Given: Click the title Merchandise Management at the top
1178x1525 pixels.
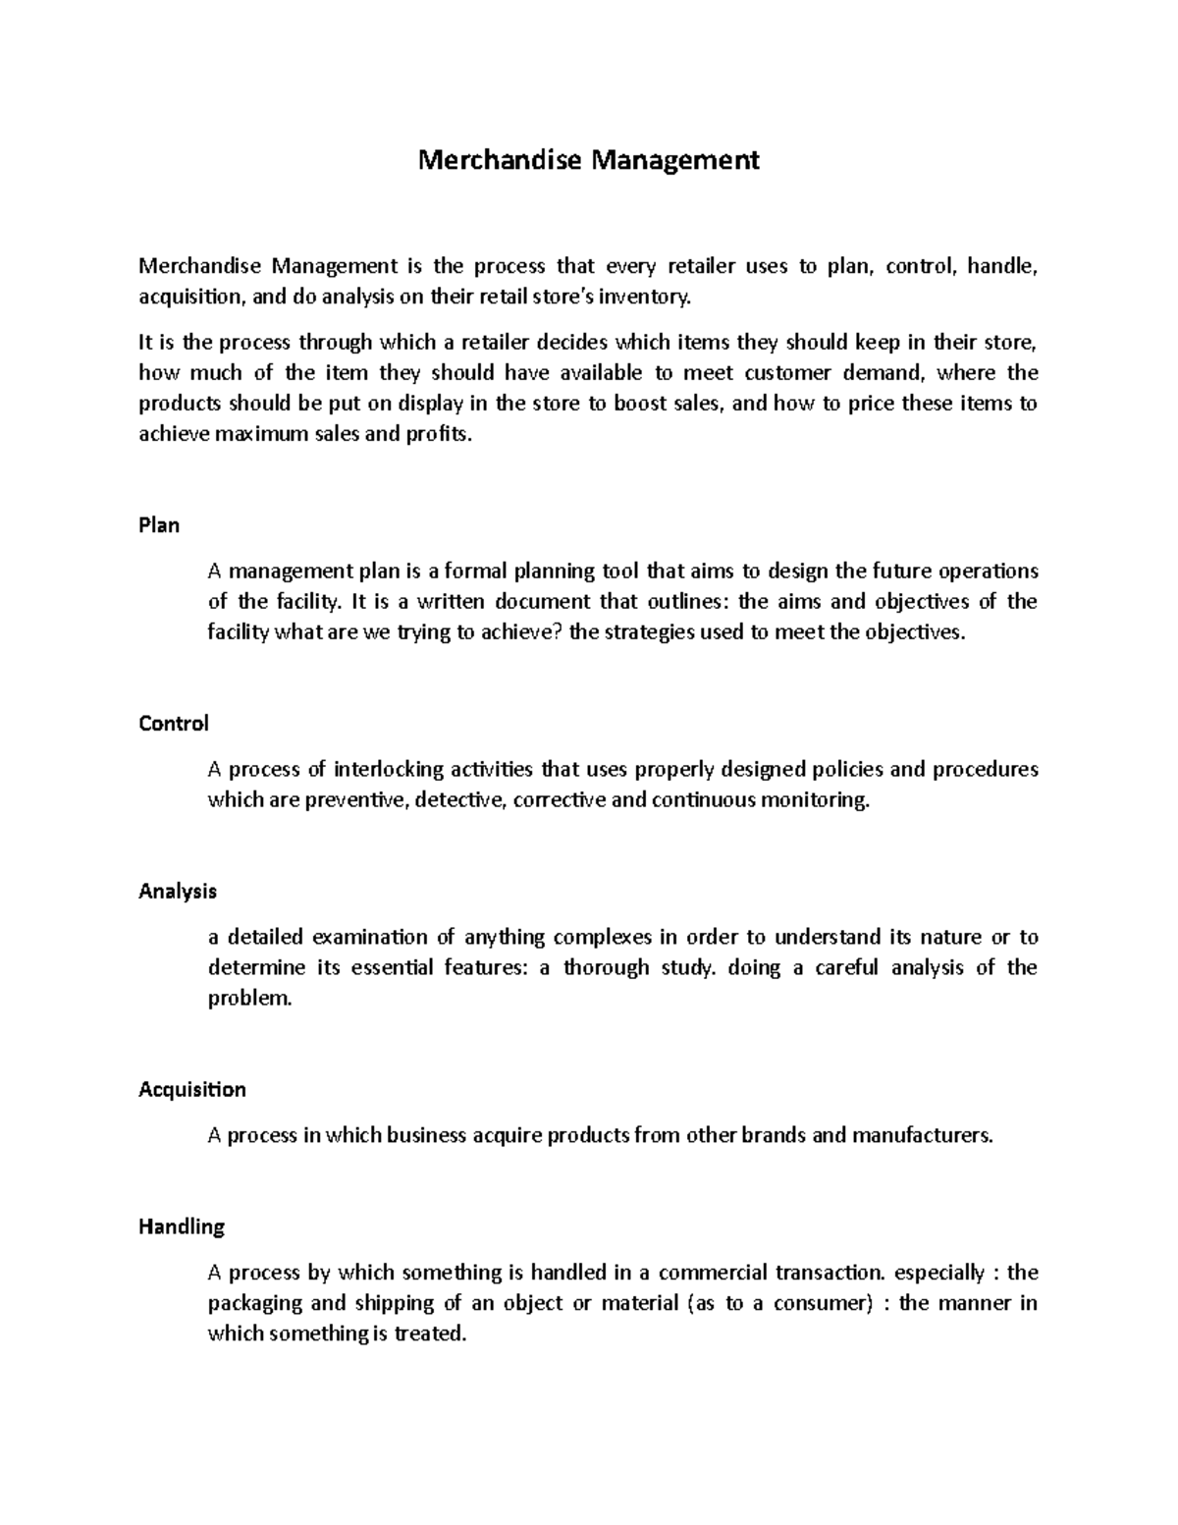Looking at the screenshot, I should pyautogui.click(x=588, y=159).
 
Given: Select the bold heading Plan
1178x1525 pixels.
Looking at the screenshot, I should pyautogui.click(x=159, y=525).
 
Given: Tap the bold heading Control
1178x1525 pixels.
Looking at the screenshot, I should pyautogui.click(x=174, y=724).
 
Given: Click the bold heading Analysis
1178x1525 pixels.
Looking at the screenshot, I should pyautogui.click(x=178, y=892).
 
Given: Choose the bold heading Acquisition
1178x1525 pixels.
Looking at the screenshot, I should pyautogui.click(x=192, y=1090).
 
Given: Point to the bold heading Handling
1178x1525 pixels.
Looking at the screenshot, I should pyautogui.click(x=182, y=1226).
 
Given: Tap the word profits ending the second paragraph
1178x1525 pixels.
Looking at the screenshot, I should pyautogui.click(x=438, y=434).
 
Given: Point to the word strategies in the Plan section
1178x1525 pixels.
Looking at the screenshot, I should pyautogui.click(x=648, y=632).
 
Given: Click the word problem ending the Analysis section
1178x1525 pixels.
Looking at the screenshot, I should pyautogui.click(x=249, y=999).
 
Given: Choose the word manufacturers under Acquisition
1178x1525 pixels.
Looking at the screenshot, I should pyautogui.click(x=923, y=1136).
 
